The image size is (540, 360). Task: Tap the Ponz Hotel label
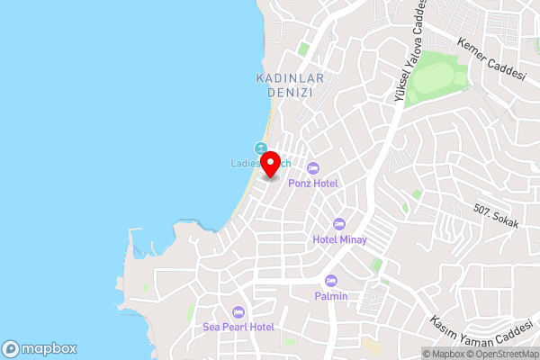[x=313, y=183]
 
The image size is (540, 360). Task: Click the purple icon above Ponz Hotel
[x=313, y=167]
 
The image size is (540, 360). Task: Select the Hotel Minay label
[x=338, y=239]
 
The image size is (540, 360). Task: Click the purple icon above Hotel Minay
[x=338, y=224]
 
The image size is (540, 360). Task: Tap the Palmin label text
[x=330, y=296]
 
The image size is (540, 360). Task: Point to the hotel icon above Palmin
[x=330, y=281]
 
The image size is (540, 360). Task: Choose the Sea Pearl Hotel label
[x=238, y=327]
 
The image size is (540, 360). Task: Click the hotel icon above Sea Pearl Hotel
[x=238, y=311]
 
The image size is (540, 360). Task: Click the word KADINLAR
[x=283, y=79]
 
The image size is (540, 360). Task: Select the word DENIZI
[x=283, y=93]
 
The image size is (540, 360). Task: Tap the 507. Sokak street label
[x=496, y=217]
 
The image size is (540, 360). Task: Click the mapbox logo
[x=40, y=348]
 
